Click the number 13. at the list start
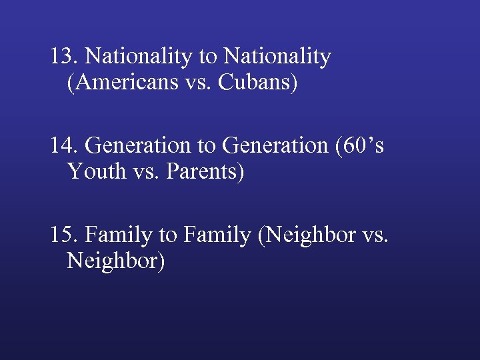click(65, 56)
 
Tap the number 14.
click(65, 145)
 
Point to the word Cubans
click(257, 84)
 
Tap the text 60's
click(363, 145)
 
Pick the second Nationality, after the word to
click(277, 57)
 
